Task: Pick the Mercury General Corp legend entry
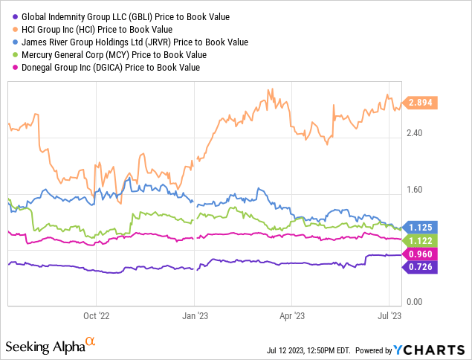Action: click(108, 55)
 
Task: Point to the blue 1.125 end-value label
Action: click(421, 227)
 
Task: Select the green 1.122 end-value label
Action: click(421, 240)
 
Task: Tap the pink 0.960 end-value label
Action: click(421, 254)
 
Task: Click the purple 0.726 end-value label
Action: click(421, 266)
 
